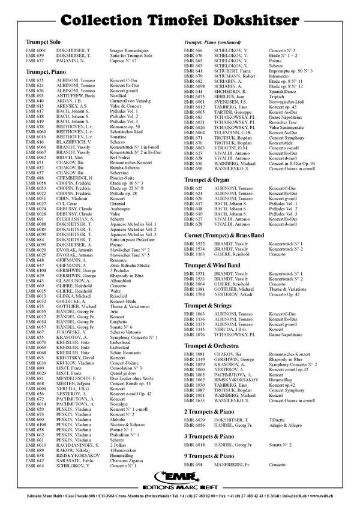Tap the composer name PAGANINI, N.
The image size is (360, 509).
pos(75,61)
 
